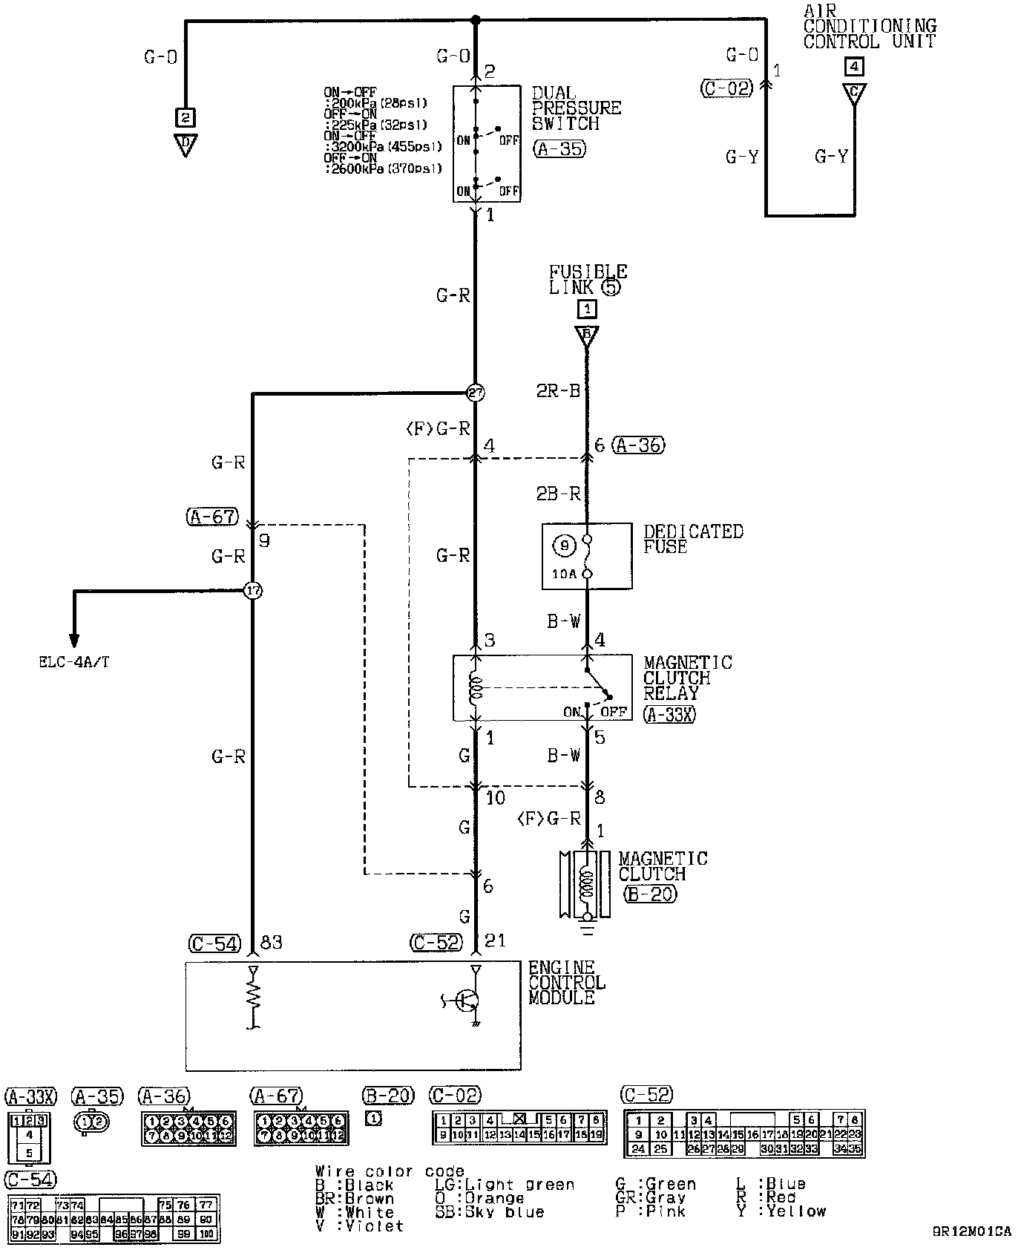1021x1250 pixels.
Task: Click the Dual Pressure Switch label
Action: [x=576, y=108]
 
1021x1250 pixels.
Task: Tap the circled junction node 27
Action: [x=475, y=393]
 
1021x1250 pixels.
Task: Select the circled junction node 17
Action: [x=253, y=591]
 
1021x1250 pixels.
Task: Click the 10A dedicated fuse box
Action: [x=587, y=557]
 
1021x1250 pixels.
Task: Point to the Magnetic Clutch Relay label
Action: [x=686, y=678]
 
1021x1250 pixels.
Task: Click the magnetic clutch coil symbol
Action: [x=587, y=883]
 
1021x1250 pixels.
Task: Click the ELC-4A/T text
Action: [x=74, y=662]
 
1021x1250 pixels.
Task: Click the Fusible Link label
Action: [x=588, y=280]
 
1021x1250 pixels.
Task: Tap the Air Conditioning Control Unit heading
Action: [x=870, y=26]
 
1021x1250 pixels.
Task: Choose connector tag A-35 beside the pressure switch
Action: [x=559, y=149]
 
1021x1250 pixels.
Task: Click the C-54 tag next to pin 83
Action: [x=214, y=943]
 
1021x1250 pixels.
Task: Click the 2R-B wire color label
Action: [x=559, y=391]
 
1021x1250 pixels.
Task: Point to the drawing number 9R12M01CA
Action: [x=972, y=1230]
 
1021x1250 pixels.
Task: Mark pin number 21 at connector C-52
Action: [x=495, y=941]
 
